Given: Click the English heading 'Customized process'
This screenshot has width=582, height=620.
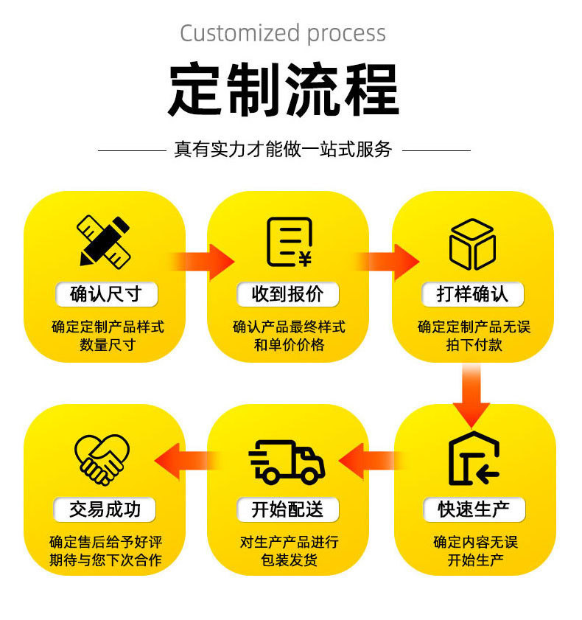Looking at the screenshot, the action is (283, 33).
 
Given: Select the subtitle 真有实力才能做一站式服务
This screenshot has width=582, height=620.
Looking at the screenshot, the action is (284, 150).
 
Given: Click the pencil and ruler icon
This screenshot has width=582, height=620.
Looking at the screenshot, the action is (104, 241).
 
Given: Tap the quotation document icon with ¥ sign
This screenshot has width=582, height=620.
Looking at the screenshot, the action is (288, 242).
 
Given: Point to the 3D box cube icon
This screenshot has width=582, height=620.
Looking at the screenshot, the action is (472, 244).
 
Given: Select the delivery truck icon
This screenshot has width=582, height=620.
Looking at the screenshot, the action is (287, 461).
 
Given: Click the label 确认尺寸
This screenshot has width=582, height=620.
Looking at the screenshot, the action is (105, 294).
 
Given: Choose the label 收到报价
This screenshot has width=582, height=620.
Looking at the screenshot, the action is (288, 294).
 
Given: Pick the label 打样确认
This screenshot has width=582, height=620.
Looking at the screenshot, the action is (473, 294).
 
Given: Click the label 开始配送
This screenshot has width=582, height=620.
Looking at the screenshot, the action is (287, 509).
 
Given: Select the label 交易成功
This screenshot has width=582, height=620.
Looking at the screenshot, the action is (105, 509).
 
